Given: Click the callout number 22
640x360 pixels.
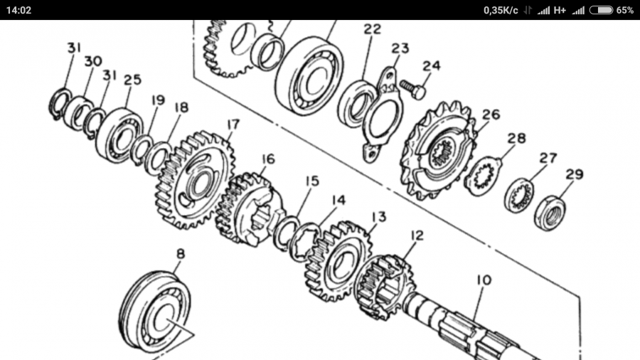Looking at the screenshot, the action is (372, 29).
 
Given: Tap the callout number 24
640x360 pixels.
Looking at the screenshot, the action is (432, 65).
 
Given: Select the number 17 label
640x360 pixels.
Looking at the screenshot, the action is (233, 125).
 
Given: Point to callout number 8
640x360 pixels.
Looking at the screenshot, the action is (181, 254).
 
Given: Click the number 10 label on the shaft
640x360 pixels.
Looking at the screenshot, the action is (484, 280).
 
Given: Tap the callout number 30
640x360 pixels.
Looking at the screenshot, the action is (93, 62).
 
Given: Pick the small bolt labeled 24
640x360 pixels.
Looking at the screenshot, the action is (412, 90).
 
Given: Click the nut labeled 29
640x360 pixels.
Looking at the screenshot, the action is (550, 213).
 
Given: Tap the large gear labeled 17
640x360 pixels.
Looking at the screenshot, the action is (195, 180).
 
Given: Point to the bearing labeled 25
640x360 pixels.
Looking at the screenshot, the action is (119, 135).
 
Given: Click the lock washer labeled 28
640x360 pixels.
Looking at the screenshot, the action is (484, 176).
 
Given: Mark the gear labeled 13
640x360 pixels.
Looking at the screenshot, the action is (338, 262).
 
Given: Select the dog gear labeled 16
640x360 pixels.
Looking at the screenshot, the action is (249, 209).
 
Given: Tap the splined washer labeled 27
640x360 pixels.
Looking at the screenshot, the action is (519, 196).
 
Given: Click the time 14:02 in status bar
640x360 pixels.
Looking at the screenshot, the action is (18, 10).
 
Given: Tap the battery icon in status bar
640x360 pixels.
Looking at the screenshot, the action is (601, 10).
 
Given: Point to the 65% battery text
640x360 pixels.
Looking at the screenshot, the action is (625, 10).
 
